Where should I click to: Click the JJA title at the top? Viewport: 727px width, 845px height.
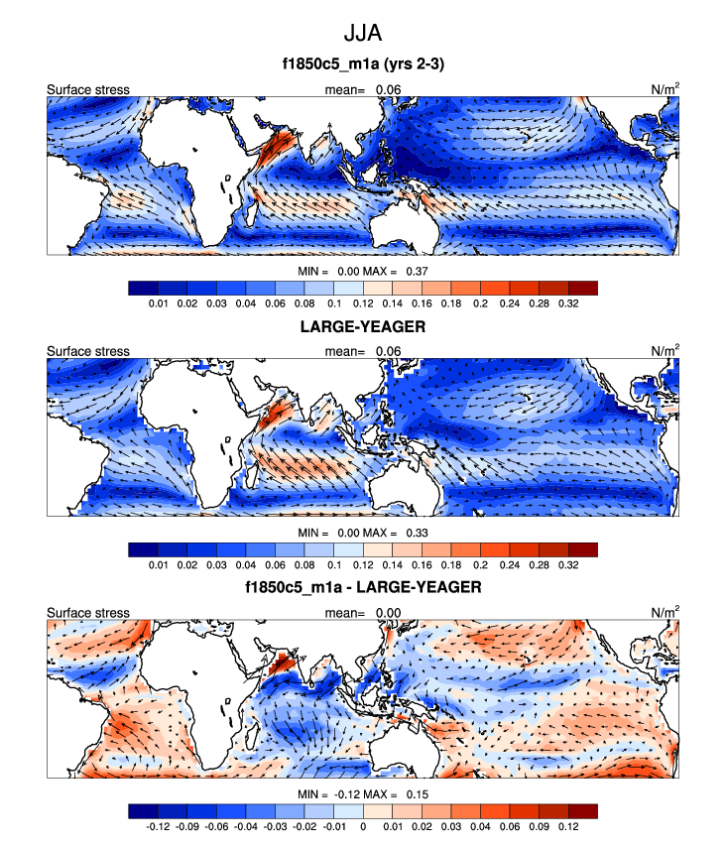(363, 33)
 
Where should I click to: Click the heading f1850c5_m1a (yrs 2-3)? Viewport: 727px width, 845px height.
(363, 67)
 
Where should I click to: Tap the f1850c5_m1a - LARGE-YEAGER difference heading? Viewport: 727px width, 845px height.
(363, 587)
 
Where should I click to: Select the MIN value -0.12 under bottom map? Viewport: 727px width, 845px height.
(348, 794)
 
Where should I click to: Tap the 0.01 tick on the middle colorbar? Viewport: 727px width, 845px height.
(157, 564)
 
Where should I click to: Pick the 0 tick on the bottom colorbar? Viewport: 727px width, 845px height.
(362, 826)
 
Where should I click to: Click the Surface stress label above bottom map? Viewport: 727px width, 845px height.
(88, 613)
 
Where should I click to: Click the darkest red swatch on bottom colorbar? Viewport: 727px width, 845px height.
(582, 811)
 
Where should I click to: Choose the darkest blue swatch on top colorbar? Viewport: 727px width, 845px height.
(143, 287)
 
